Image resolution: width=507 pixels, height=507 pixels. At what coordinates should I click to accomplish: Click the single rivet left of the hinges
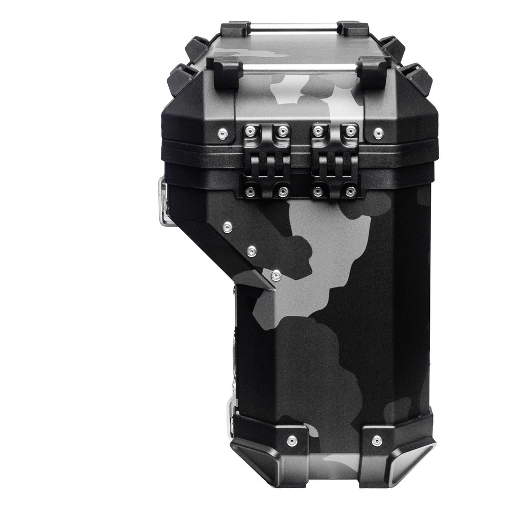[x=222, y=133]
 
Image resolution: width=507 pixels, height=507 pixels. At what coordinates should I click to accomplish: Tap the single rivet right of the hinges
[x=378, y=133]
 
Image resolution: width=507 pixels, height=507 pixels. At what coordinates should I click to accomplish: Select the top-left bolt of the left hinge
[x=249, y=131]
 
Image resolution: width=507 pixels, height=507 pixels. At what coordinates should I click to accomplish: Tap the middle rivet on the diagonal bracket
[x=251, y=250]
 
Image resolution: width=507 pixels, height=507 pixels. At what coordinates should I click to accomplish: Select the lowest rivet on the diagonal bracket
[x=275, y=275]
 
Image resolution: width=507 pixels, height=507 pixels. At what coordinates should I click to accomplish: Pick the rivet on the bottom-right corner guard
[x=377, y=441]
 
